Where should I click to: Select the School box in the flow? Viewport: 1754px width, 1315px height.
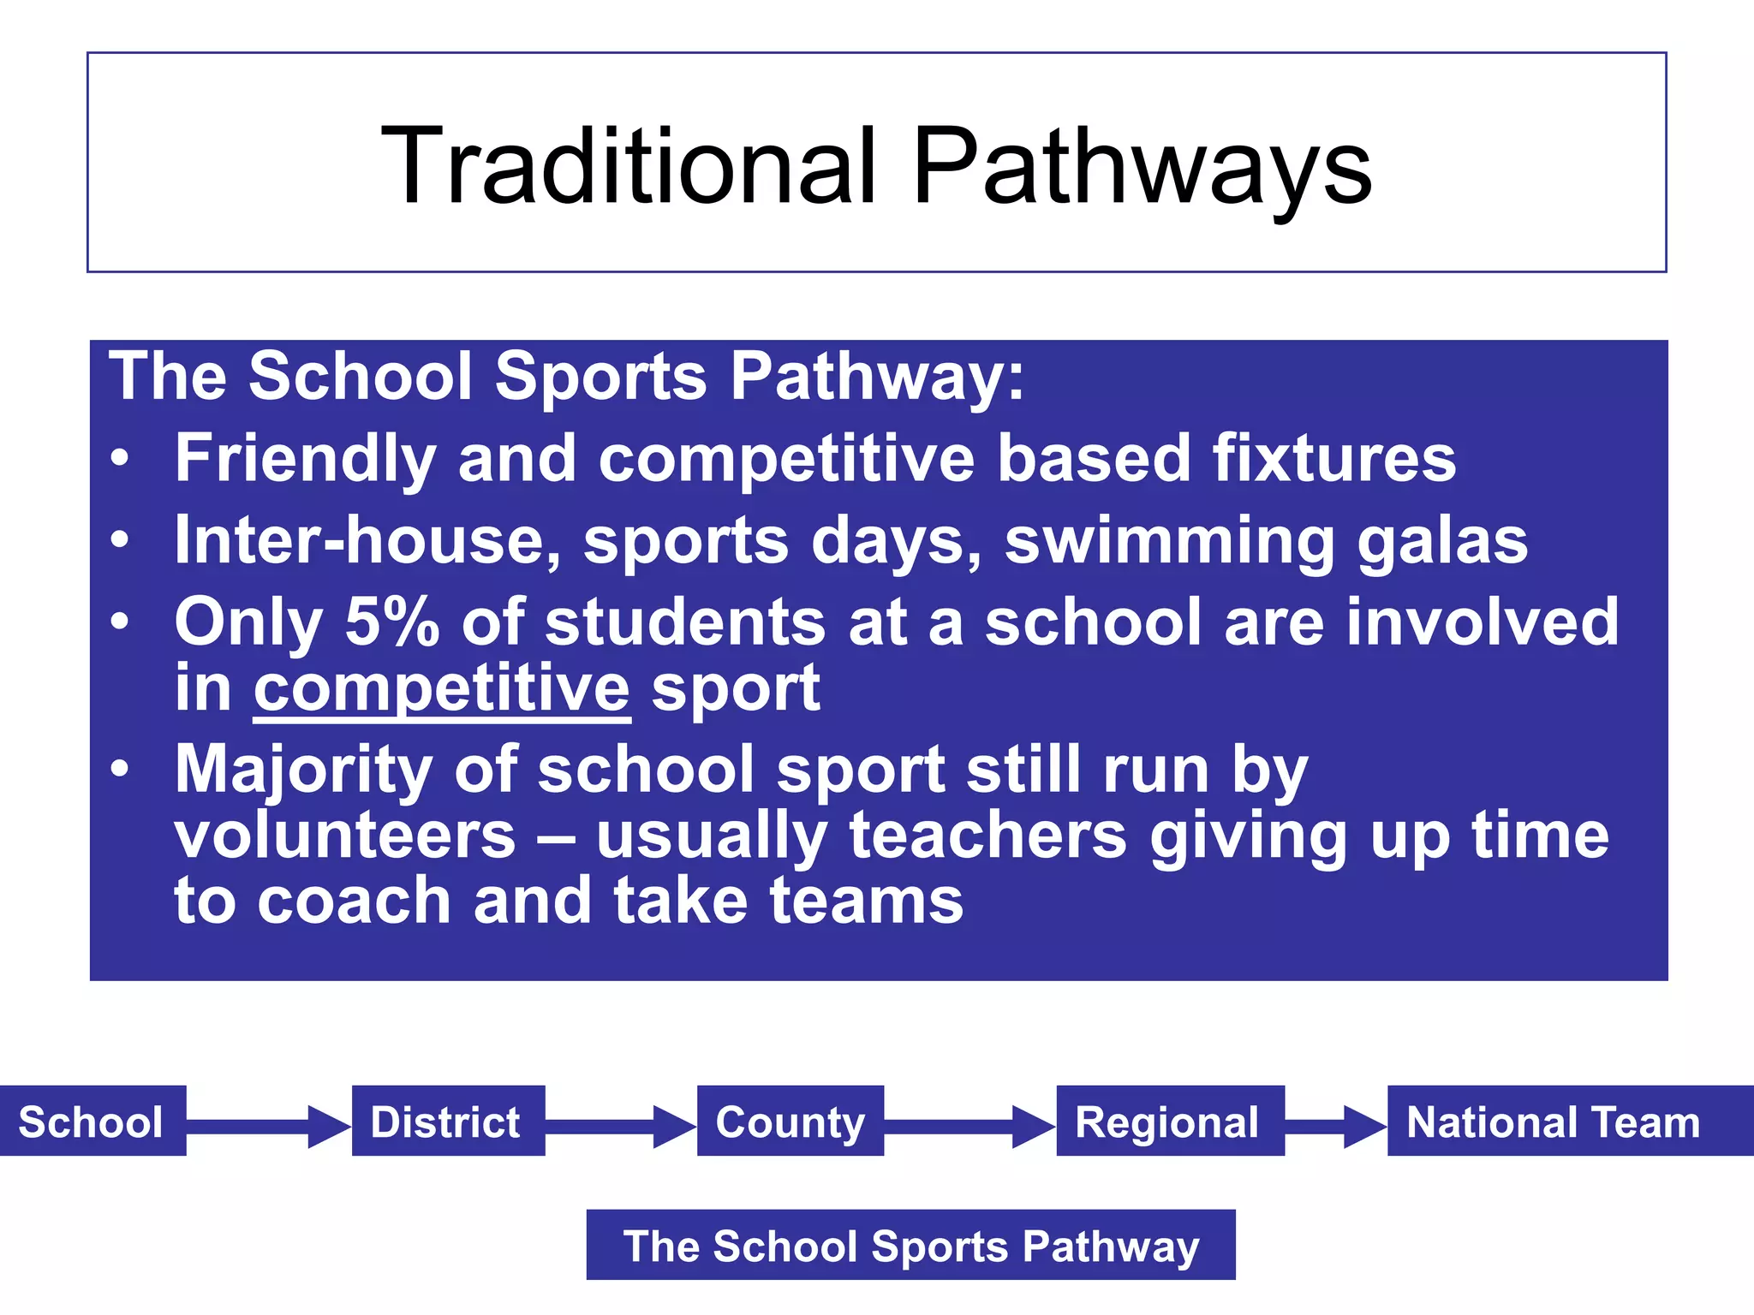(92, 1122)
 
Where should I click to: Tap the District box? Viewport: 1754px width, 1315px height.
(446, 1122)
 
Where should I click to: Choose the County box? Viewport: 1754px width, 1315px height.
(790, 1122)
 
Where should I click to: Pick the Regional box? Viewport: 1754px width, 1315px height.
(1168, 1122)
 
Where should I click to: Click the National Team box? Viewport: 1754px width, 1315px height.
(1553, 1122)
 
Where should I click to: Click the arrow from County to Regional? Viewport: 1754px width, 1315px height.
(969, 1126)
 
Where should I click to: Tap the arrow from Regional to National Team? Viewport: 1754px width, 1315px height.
(1334, 1126)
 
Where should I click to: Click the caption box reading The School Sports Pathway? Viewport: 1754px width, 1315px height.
(910, 1245)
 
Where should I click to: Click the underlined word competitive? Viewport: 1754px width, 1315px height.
(442, 689)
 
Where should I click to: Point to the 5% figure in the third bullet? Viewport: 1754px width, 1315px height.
(391, 622)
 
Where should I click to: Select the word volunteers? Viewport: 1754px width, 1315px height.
(345, 836)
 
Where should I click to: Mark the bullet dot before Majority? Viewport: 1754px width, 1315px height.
(120, 768)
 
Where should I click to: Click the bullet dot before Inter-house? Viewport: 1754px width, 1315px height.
(120, 540)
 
